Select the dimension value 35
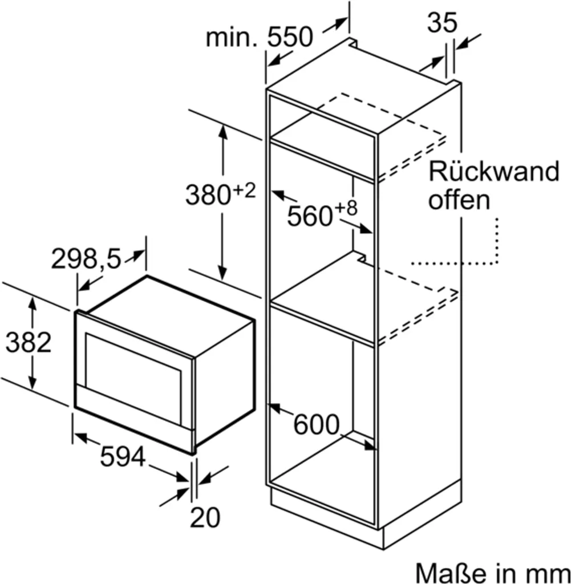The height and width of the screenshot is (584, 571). click(x=442, y=22)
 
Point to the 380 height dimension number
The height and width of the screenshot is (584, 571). click(x=207, y=196)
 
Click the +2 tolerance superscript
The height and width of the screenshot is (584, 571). click(x=242, y=191)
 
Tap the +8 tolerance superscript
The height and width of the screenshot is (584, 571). click(x=346, y=209)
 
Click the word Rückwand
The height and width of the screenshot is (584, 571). click(x=494, y=171)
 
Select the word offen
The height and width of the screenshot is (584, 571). click(x=459, y=200)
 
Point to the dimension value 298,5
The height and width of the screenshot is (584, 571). click(x=87, y=260)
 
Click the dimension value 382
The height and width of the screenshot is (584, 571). click(x=29, y=342)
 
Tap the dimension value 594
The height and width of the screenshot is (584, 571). click(x=122, y=457)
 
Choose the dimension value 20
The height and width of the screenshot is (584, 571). click(x=205, y=517)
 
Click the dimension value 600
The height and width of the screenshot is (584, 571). click(x=316, y=424)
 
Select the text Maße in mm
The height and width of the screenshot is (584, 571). click(x=492, y=571)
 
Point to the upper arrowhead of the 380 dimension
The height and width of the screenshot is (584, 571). click(x=223, y=130)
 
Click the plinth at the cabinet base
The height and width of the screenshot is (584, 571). click(x=365, y=522)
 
